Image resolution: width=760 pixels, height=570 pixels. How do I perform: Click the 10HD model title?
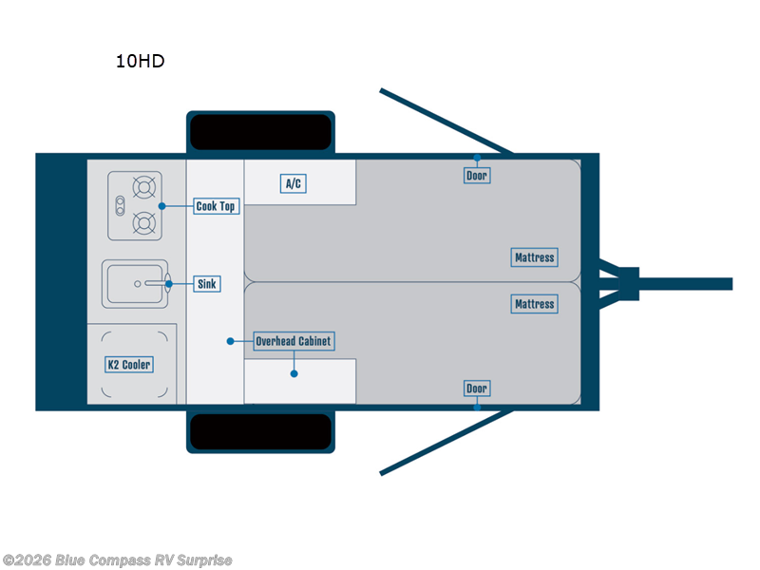tap(140, 62)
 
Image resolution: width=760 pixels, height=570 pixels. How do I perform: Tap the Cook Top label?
tap(215, 206)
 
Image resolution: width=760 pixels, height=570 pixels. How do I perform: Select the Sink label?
tap(206, 284)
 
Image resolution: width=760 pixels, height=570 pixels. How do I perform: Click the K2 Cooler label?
tap(128, 365)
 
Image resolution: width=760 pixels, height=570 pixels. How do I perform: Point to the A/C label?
tap(294, 183)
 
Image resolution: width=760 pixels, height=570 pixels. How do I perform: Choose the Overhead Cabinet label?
tap(294, 341)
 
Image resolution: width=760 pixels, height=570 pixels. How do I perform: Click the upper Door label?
tap(477, 176)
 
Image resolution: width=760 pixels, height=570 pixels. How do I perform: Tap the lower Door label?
tap(477, 389)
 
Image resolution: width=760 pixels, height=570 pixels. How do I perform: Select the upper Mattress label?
tap(534, 257)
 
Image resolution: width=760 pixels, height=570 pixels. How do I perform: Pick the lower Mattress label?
tap(534, 304)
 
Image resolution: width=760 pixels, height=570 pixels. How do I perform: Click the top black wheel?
tap(260, 131)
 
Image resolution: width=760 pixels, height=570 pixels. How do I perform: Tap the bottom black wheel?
tap(260, 432)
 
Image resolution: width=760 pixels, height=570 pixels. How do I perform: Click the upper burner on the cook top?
tap(144, 187)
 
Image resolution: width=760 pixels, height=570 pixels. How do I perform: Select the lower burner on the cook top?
tap(144, 224)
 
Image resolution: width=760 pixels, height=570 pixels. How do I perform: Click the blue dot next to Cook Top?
tap(162, 206)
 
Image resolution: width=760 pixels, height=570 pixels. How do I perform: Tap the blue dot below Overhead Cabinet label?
tap(294, 373)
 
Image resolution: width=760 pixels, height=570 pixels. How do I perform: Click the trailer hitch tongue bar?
tap(684, 284)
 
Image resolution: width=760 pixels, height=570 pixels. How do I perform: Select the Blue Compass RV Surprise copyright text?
tap(117, 560)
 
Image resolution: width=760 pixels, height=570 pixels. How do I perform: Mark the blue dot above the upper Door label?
tap(477, 158)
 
